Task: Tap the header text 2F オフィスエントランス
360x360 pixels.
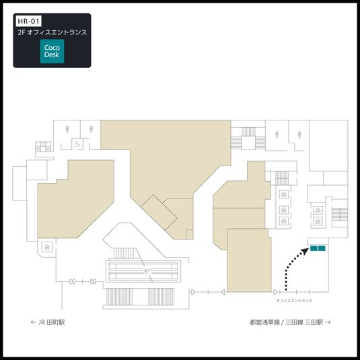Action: [x=52, y=32]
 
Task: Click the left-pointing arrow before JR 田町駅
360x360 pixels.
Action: [x=34, y=322]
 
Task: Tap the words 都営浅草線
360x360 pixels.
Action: [x=264, y=322]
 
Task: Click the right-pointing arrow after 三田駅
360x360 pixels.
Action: [x=328, y=322]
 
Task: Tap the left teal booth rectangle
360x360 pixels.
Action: [x=313, y=250]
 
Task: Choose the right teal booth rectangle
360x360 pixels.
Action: [x=322, y=250]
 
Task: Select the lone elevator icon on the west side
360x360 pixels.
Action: [x=47, y=248]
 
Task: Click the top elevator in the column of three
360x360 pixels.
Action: [x=284, y=195]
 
